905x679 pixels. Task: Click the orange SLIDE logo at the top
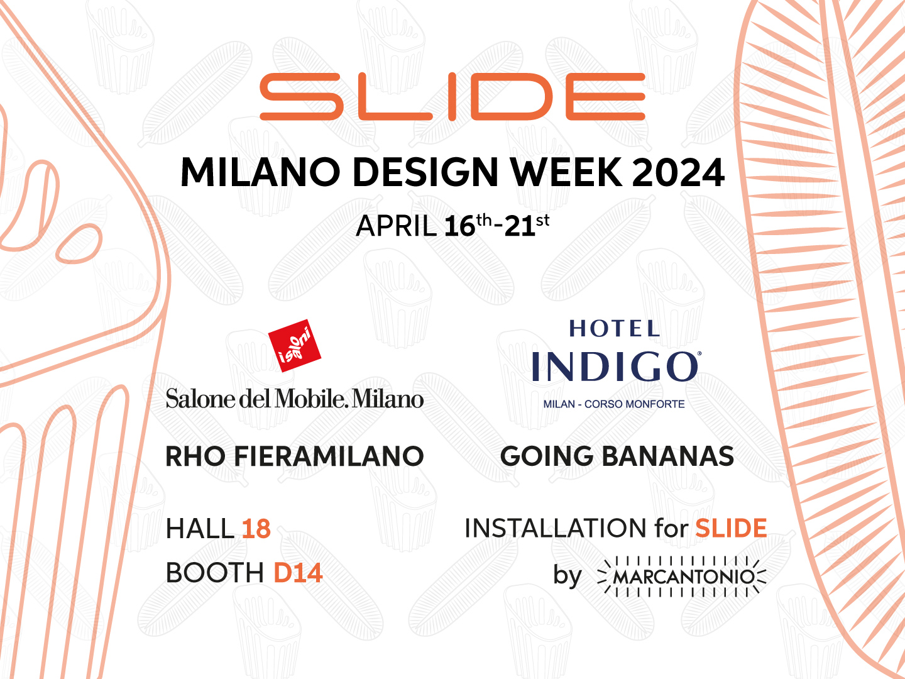[452, 97]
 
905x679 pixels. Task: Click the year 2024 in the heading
[678, 172]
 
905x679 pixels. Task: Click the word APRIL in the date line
[396, 226]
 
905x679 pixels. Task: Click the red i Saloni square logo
[294, 345]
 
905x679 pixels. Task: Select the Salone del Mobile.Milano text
[294, 399]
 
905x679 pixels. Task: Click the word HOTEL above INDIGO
[614, 328]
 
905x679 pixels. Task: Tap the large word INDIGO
[614, 367]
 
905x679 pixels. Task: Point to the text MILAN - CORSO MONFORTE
[614, 404]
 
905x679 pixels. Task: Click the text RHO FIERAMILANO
[294, 456]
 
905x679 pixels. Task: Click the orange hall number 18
[256, 529]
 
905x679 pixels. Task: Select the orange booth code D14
[298, 573]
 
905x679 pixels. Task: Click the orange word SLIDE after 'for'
[731, 529]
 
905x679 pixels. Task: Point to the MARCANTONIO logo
[683, 576]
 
